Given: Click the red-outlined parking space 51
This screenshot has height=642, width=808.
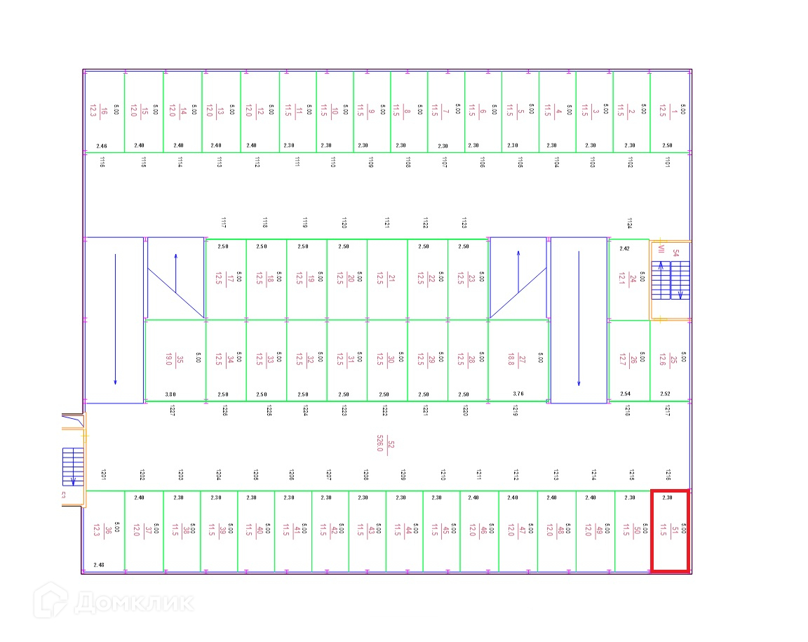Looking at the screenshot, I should click(669, 530).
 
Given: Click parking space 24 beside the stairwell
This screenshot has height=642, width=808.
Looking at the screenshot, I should click(628, 279).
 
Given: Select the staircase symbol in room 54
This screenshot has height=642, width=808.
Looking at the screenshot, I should click(671, 280).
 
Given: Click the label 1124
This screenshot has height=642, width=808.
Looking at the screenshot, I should click(629, 223).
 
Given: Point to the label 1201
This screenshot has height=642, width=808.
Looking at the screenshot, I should click(103, 474).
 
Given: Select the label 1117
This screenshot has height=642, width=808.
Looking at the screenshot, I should click(223, 223).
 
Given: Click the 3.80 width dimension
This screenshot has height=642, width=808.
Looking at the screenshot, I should click(170, 394).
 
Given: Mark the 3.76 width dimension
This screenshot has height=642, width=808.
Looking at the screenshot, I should click(518, 394).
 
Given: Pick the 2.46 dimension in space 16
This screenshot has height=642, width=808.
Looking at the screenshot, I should click(102, 146).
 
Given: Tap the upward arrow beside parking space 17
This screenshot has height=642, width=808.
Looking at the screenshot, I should click(176, 274).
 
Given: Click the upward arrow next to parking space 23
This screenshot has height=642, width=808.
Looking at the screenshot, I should click(518, 270).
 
